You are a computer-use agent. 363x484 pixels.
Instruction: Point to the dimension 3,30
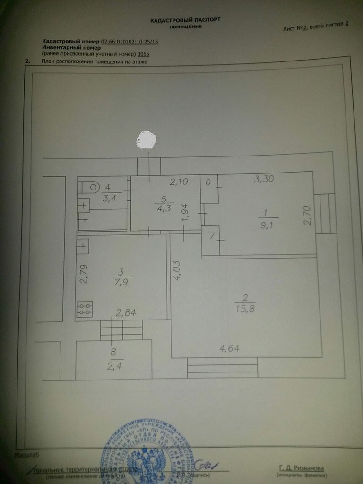(264, 179)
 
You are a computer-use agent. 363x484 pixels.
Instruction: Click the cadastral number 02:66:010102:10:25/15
(130, 42)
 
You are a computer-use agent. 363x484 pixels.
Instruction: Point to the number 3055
(150, 54)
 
